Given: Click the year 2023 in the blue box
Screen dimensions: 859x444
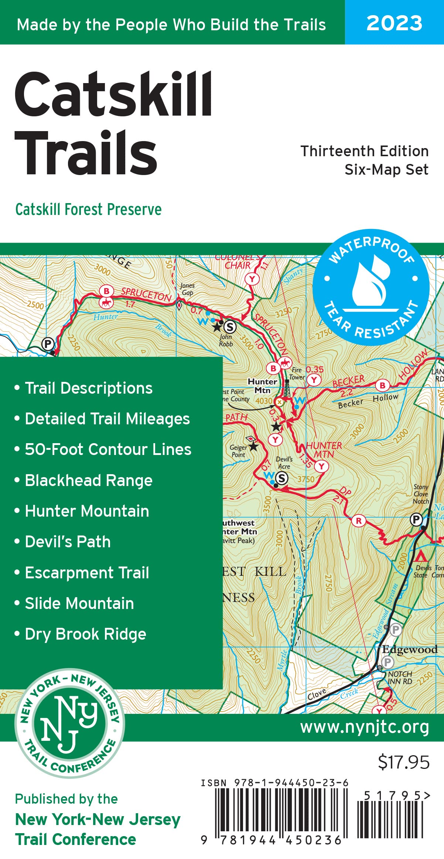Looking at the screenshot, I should [394, 23].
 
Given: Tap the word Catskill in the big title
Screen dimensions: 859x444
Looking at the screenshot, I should [113, 94].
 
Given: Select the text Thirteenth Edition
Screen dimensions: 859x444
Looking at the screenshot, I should [364, 151].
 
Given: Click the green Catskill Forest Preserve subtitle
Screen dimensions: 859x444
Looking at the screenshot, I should [88, 209].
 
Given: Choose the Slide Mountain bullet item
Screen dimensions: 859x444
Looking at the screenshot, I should [79, 603].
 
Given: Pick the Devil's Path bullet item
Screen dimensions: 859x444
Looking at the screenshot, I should [68, 542].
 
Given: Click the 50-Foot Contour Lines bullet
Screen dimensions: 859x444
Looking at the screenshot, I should [108, 449].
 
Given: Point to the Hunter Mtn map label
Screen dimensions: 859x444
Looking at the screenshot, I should [262, 386].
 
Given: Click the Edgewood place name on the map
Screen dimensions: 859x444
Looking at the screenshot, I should [410, 649].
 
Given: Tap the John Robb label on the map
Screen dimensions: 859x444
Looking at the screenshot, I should [226, 340].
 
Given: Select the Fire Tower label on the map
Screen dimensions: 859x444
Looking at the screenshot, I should [297, 373].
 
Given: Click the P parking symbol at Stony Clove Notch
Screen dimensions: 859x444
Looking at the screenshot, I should [416, 520].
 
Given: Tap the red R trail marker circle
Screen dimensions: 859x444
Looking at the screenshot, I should [358, 521].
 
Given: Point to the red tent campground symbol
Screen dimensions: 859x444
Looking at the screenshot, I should [420, 556].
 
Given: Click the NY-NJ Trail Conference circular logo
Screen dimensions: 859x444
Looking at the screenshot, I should [69, 723].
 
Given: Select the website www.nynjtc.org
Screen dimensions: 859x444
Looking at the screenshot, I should [364, 727].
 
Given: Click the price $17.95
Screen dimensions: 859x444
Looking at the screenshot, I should [403, 762].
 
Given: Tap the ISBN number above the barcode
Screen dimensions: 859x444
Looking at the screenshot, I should [274, 783].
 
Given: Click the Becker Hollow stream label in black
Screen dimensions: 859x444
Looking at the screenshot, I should [368, 400].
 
